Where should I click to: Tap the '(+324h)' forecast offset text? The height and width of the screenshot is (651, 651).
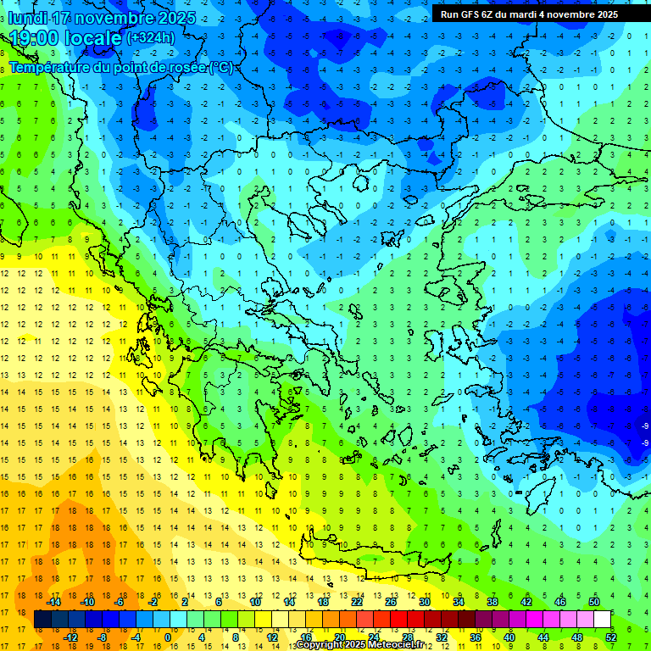click(151, 37)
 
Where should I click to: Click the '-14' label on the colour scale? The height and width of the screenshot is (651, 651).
click(53, 602)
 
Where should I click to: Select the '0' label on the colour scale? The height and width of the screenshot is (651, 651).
click(167, 637)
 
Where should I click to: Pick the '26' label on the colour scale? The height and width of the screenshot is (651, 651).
click(391, 602)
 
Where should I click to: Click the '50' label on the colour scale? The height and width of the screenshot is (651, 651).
click(594, 602)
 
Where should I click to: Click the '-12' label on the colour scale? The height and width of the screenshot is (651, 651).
click(70, 637)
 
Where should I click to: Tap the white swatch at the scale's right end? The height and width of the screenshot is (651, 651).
click(603, 620)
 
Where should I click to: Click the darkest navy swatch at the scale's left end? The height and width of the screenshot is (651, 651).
click(43, 620)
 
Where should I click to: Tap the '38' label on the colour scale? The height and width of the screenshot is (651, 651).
click(492, 602)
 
